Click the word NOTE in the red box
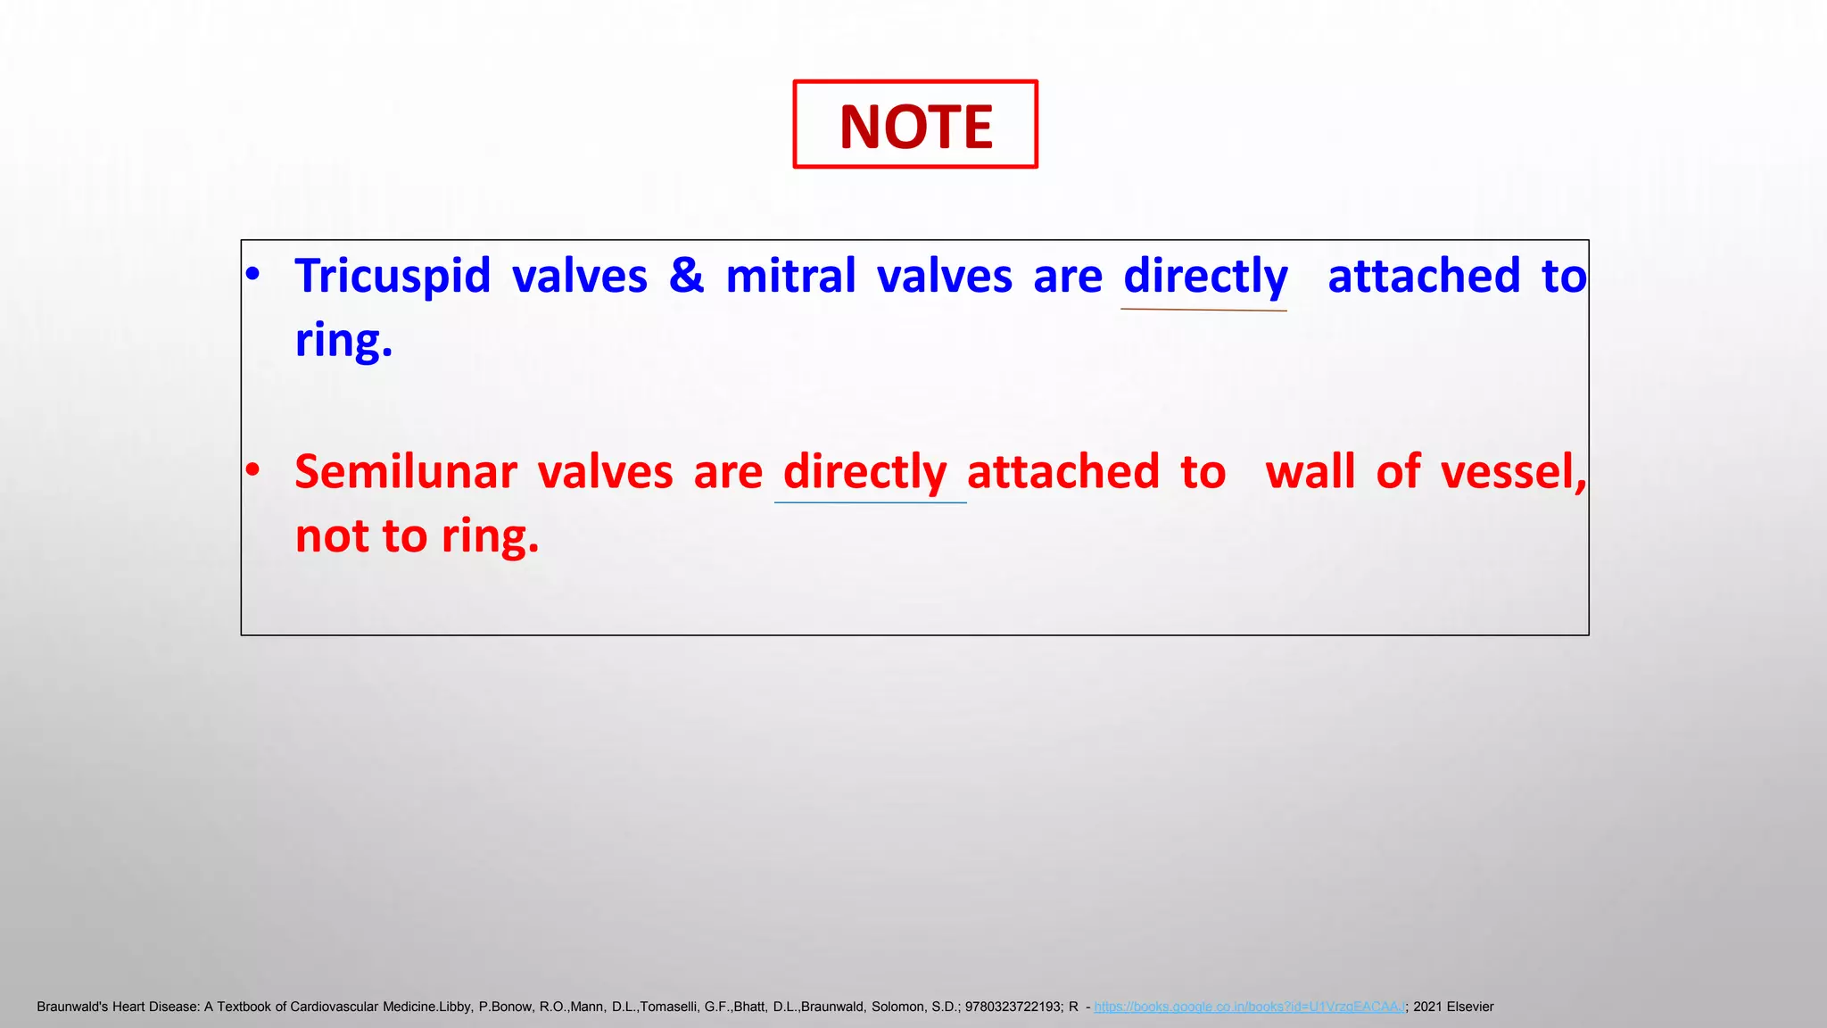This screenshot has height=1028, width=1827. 915,127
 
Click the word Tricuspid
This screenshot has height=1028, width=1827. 393,277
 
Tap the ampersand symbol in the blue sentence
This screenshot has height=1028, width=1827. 686,275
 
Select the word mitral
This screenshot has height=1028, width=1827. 790,275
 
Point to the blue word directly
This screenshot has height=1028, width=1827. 1205,277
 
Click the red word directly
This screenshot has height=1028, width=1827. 864,472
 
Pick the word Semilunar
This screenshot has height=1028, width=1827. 405,472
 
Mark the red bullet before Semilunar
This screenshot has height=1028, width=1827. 253,469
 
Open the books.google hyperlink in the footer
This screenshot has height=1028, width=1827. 1249,1007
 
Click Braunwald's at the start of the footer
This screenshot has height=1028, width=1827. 71,1007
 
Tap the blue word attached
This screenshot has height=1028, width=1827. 1424,276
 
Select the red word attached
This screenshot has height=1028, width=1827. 1063,472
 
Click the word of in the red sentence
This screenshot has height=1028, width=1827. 1397,472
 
